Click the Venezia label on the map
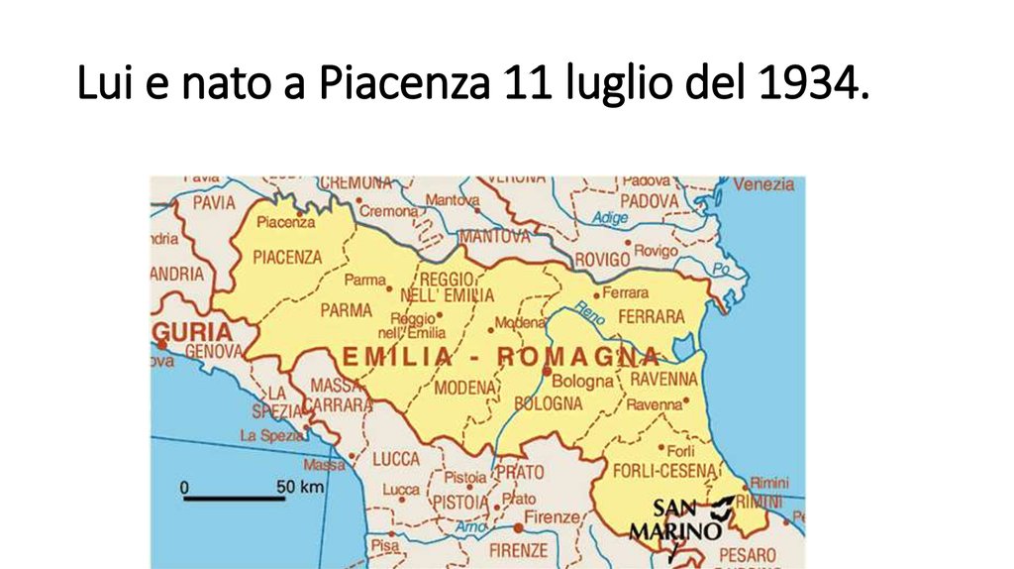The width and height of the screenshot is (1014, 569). click(763, 184)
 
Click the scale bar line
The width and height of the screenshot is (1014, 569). click(234, 498)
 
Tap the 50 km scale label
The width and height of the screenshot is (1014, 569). click(300, 487)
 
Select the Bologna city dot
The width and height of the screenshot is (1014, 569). click(547, 371)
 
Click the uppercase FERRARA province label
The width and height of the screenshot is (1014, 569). click(651, 317)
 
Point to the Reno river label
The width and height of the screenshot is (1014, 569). click(588, 315)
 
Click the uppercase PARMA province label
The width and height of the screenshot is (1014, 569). click(346, 310)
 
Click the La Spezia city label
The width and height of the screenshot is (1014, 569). click(272, 435)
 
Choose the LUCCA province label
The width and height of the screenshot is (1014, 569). click(395, 459)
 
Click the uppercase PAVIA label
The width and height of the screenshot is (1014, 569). click(214, 202)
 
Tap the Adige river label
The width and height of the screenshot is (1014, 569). click(610, 218)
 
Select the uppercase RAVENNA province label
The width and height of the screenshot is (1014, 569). click(663, 380)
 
